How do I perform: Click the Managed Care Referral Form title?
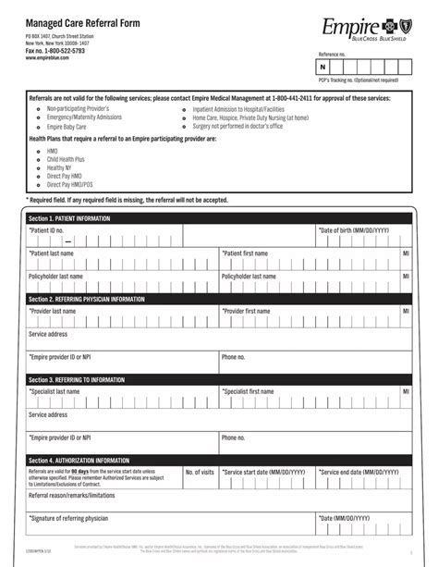click(x=88, y=21)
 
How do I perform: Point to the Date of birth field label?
click(x=354, y=229)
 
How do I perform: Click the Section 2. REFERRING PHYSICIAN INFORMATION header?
click(x=86, y=300)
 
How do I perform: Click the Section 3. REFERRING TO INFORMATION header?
click(x=79, y=379)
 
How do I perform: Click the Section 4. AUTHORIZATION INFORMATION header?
click(x=79, y=460)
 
